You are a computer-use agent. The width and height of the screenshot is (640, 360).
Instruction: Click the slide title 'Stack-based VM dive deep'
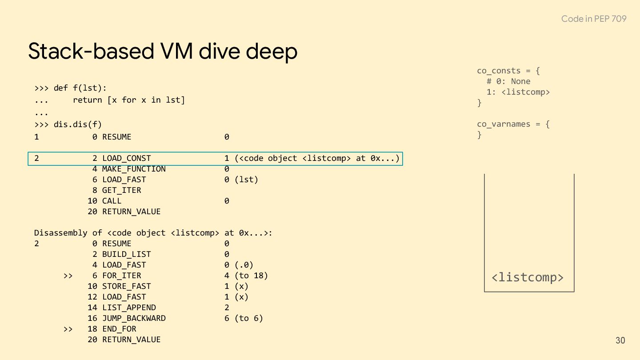pos(163,51)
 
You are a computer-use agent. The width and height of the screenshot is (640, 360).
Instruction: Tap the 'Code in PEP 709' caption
pos(593,19)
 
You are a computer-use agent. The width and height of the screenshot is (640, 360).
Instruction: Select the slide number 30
pos(620,340)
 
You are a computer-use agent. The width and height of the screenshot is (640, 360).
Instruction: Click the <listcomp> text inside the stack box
pos(528,277)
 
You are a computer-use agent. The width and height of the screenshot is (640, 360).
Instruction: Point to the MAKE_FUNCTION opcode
pos(134,169)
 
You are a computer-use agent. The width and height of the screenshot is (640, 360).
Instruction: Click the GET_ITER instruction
pos(121,190)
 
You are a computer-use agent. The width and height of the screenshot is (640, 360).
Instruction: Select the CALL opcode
pos(112,201)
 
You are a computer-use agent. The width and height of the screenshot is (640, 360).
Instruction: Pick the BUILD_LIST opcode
pos(126,254)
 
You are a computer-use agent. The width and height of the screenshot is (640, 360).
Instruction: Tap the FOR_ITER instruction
pos(121,276)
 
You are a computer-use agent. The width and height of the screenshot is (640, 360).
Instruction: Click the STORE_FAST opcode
pos(126,286)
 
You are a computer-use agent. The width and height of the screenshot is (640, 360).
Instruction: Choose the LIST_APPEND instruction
pos(129,308)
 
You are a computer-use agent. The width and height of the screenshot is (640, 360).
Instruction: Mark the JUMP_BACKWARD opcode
pos(134,318)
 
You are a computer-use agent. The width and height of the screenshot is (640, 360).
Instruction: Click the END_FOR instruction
pos(119,329)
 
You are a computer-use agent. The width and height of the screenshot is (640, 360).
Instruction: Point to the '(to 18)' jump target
pos(251,276)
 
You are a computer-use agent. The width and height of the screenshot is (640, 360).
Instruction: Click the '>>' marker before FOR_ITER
pos(68,276)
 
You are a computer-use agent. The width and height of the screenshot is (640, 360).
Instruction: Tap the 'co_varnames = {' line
pos(513,124)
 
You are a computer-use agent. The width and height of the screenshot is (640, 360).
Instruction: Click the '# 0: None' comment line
pos(508,81)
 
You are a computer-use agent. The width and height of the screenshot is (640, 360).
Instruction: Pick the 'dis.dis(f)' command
pos(78,124)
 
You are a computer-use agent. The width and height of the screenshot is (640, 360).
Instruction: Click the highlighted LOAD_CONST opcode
pos(126,158)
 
